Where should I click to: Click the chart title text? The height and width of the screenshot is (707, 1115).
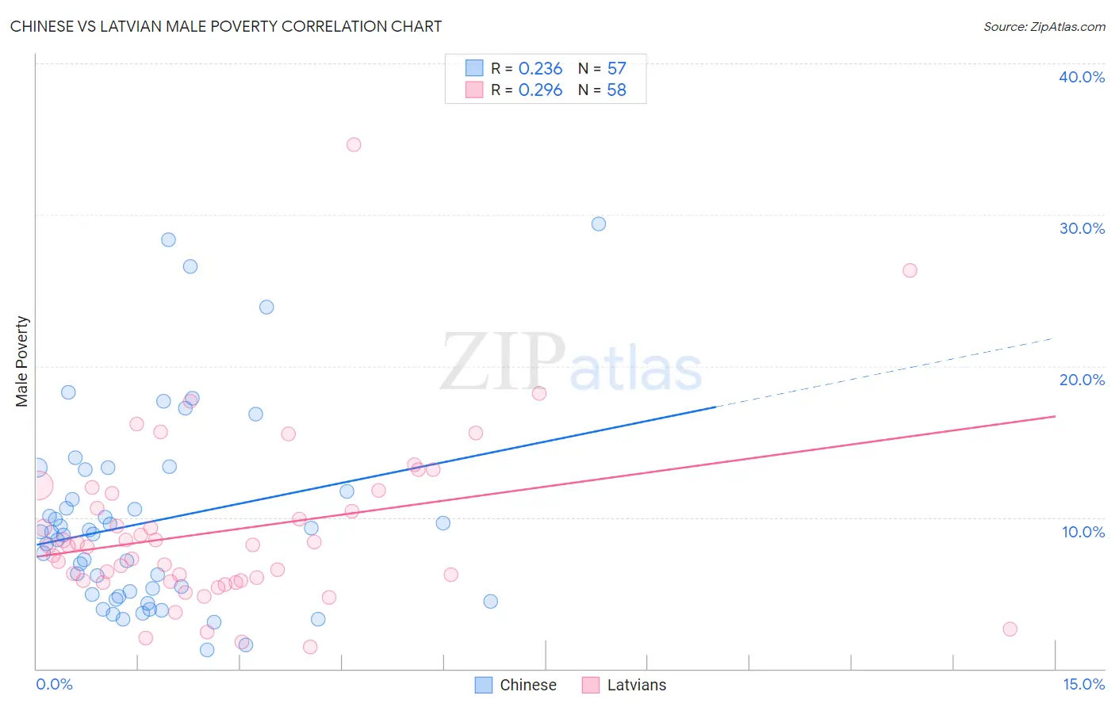click(226, 26)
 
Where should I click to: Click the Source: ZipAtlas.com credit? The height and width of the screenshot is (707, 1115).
click(1044, 27)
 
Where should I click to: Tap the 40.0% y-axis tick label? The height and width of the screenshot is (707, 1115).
click(1082, 77)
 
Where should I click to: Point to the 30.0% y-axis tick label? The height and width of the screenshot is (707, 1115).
click(1082, 228)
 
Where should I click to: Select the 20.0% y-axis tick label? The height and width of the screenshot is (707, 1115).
click(1082, 380)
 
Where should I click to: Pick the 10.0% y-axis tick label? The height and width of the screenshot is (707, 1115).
click(1083, 532)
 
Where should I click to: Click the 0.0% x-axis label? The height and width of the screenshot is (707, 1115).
click(54, 684)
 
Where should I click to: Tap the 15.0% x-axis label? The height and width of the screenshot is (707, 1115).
click(1083, 684)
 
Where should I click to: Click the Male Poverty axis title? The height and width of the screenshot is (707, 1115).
click(22, 361)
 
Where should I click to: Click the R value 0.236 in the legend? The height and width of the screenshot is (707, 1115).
click(540, 69)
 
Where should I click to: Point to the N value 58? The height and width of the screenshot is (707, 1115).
click(616, 90)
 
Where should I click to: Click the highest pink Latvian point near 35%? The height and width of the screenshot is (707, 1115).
click(354, 144)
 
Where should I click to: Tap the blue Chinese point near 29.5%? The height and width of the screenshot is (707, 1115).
click(599, 224)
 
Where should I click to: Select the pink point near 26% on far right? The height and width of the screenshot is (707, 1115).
click(910, 270)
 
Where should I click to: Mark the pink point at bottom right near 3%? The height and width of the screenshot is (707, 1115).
click(1010, 629)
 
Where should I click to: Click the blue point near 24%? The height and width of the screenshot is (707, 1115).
click(266, 307)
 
